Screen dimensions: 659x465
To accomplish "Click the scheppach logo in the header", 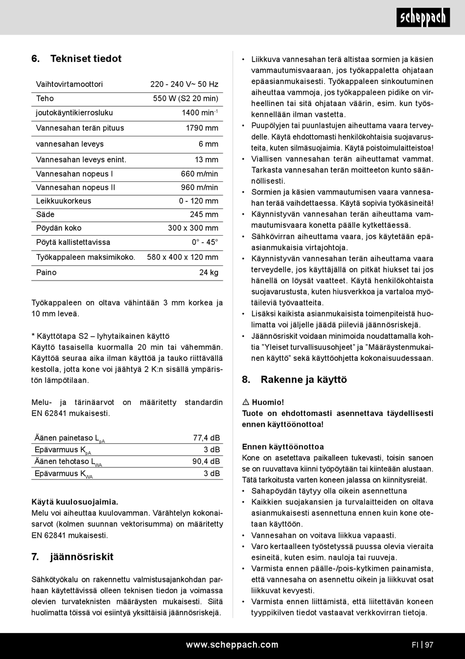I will point(423,18).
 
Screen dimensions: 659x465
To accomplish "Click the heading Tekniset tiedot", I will point(86,59).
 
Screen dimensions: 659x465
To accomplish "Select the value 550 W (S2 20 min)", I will point(186,98).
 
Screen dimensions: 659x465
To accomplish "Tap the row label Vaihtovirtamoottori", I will point(70,84).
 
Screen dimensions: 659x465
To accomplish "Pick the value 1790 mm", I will point(202,128).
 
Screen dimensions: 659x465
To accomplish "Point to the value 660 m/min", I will point(199,174).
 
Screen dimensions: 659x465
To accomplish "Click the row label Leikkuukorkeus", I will point(64,201).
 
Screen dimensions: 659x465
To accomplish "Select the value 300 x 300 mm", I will point(193,228).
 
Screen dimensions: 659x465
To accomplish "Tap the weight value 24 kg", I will point(209,272).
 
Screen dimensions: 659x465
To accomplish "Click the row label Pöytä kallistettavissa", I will point(73,242).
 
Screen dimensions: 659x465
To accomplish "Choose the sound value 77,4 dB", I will point(206,438).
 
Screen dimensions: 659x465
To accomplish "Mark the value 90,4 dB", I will point(206,461).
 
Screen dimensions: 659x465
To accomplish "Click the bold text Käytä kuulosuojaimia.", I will point(75,502).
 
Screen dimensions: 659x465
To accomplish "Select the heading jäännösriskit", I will point(81,557).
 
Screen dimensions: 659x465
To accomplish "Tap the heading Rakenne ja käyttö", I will point(303,380).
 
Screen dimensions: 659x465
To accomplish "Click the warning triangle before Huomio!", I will point(246,402).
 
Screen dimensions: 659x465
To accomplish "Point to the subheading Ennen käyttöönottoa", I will point(283,446).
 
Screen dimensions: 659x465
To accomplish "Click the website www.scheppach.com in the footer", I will point(232,645).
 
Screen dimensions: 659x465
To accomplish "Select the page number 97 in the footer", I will point(429,645).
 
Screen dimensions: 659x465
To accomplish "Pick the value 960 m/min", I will point(199,187).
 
